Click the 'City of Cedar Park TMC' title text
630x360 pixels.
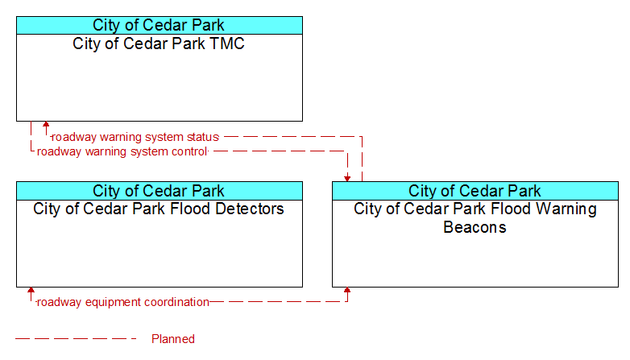point(159,43)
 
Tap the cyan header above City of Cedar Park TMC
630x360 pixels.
point(160,25)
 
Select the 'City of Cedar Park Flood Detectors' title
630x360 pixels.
point(159,209)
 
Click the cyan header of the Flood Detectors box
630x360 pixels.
point(160,191)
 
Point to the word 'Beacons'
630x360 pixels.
point(475,227)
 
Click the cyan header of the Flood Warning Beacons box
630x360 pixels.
point(475,191)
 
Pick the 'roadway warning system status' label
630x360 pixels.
point(135,137)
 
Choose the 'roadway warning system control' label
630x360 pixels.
point(122,151)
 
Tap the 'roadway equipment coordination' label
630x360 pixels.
point(123,302)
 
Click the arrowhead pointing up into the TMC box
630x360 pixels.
point(46,125)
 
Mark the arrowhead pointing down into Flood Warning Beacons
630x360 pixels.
point(347,179)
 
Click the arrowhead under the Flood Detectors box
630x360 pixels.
point(31,291)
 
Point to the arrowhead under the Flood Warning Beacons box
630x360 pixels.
point(347,291)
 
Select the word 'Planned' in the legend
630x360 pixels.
point(173,339)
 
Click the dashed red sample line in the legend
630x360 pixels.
point(76,339)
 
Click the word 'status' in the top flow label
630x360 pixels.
point(202,137)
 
